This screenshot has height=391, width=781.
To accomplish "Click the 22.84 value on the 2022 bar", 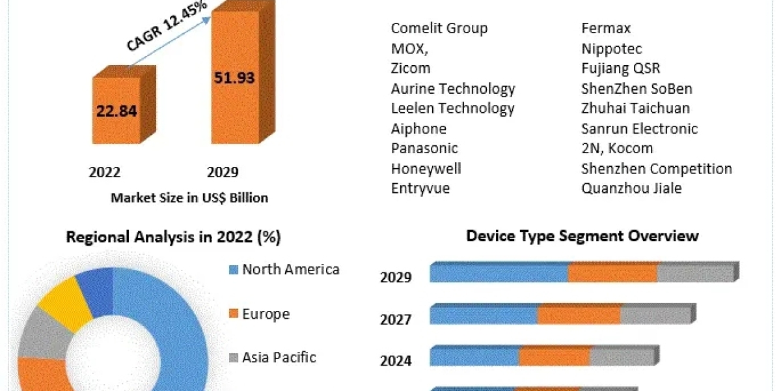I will click(x=116, y=111).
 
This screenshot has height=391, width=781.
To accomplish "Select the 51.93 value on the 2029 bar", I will click(x=234, y=78).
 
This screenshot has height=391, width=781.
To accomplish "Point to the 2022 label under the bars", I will click(x=105, y=172).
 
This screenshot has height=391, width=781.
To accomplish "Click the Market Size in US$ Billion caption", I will click(x=189, y=197).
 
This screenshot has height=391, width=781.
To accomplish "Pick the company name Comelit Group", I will click(x=439, y=28).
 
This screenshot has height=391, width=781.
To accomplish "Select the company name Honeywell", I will click(x=426, y=169).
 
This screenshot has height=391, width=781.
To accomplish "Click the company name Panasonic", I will click(x=424, y=149).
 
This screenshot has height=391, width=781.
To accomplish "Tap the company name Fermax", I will click(x=606, y=28).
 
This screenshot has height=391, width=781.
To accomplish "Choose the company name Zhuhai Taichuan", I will click(x=635, y=108).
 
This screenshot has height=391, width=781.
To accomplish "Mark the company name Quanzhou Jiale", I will click(x=631, y=188).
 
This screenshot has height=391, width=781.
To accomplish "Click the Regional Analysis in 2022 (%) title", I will click(x=173, y=238).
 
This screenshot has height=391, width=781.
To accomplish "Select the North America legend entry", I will click(x=290, y=269).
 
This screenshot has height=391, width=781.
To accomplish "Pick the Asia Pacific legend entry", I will click(x=279, y=357).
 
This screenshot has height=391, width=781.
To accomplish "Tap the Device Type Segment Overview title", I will click(x=582, y=236).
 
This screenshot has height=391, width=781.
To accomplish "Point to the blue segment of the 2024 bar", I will click(x=474, y=357).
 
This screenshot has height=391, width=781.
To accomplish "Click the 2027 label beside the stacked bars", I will click(x=396, y=319).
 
